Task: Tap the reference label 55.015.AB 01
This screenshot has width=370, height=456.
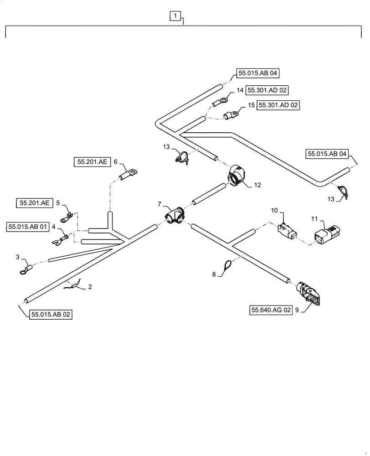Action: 28,227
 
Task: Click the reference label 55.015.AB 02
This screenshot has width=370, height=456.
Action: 51,314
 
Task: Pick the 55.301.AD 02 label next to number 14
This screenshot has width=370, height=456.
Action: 267,91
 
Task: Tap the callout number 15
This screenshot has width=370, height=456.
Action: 251,105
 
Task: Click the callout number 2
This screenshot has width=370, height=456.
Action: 90,287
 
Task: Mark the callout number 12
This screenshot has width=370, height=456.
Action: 257,185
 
